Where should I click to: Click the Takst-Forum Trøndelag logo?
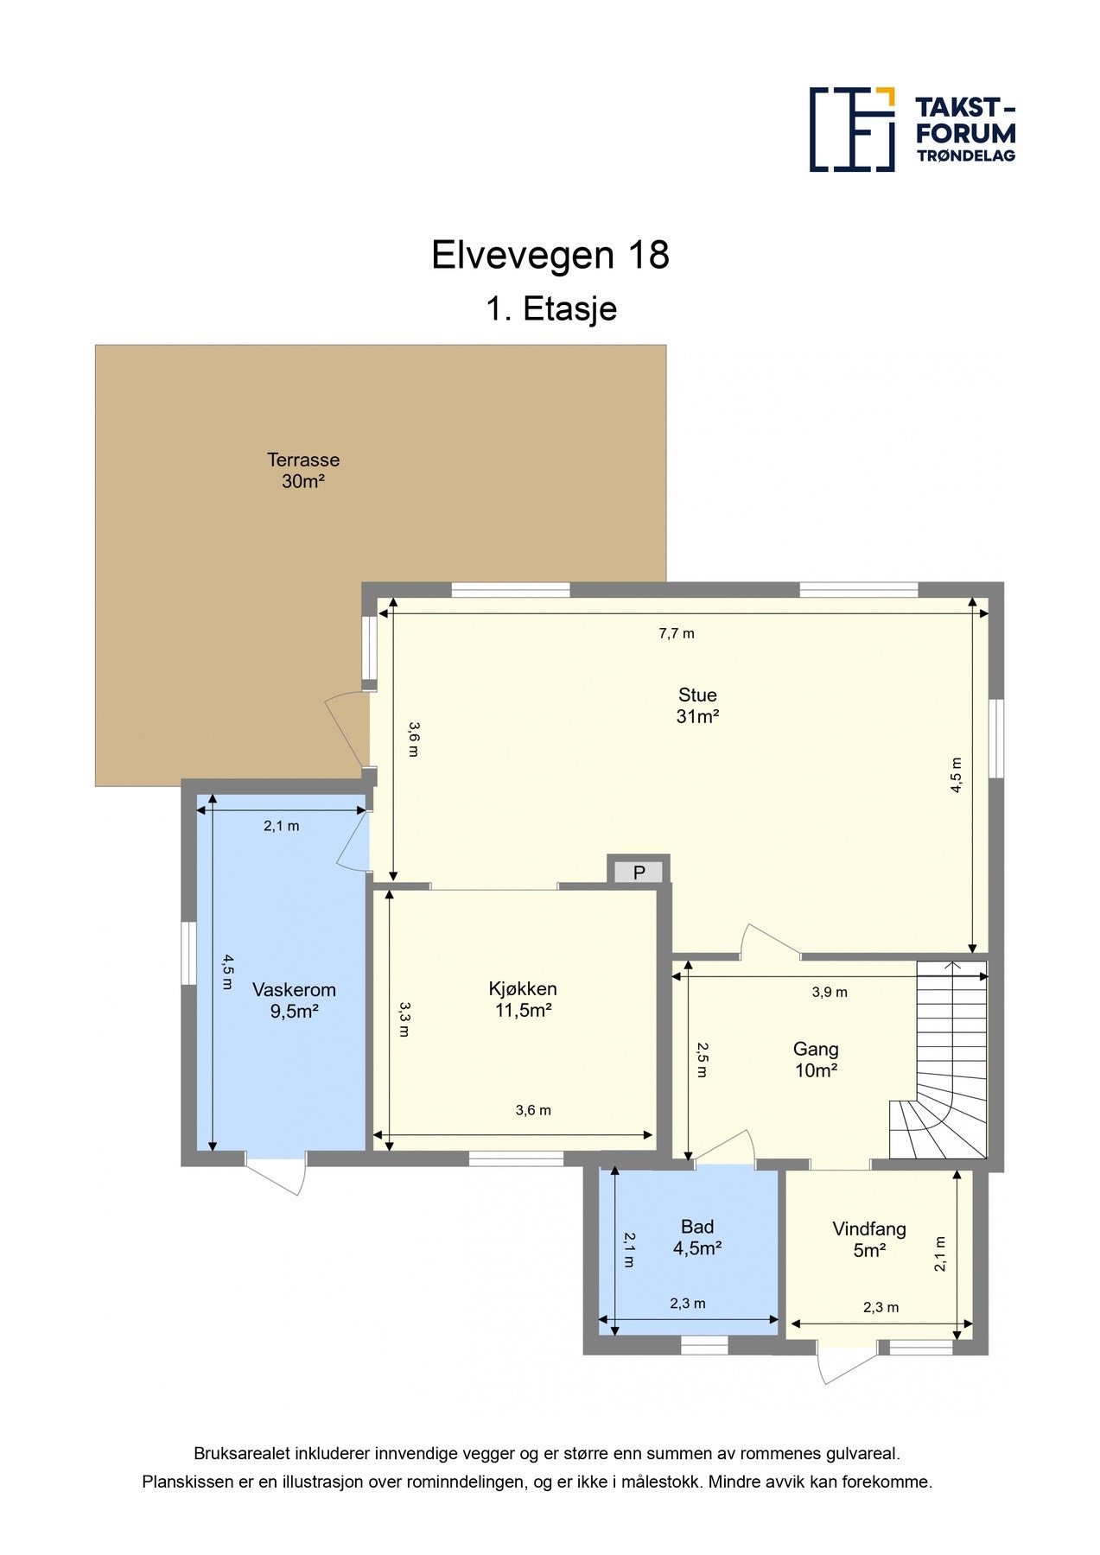tap(912, 129)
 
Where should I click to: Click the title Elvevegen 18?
tap(550, 256)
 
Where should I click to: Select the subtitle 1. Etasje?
tap(550, 308)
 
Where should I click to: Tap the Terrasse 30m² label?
tap(302, 471)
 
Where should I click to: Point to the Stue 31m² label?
tap(697, 706)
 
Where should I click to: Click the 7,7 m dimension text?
tap(677, 633)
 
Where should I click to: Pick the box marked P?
tap(639, 872)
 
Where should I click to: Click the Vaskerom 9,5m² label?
tap(294, 1000)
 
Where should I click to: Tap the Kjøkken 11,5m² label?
tap(523, 1000)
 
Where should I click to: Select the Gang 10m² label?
tap(816, 1060)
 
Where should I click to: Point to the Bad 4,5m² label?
tap(697, 1237)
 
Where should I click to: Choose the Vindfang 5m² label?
tap(869, 1239)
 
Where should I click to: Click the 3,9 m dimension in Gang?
tap(830, 992)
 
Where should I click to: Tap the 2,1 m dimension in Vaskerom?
tap(282, 826)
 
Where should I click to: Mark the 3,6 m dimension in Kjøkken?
tap(533, 1110)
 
